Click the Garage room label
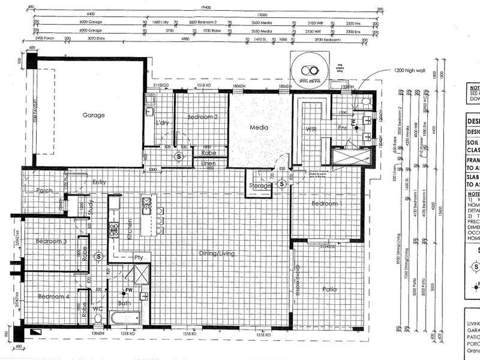tap(94, 115)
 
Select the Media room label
tap(259, 127)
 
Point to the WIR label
tap(310, 128)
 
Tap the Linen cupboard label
tap(209, 163)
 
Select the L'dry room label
tap(162, 123)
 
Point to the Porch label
tap(44, 190)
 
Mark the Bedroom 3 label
tap(51, 241)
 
